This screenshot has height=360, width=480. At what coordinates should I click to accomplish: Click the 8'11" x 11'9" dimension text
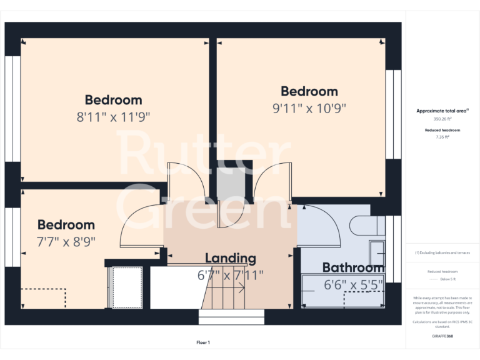coord(114,117)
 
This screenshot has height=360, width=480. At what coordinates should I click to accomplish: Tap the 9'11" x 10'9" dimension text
coord(309,108)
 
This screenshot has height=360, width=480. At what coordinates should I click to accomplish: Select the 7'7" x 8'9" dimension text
coord(66,241)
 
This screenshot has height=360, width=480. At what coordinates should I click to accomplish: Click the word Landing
coord(230,258)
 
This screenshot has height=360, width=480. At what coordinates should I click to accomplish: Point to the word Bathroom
coord(353,268)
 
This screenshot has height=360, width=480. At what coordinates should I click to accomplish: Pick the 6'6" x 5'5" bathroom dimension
coord(353,286)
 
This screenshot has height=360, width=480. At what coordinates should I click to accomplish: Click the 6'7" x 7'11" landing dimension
coord(230,275)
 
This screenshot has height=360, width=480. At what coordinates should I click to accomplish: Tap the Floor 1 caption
coord(203,342)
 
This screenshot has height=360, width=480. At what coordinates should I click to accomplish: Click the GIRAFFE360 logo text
coord(442,336)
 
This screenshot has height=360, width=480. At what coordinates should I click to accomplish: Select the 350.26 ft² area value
coord(442,119)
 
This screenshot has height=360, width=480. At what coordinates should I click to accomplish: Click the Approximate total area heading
coord(442,111)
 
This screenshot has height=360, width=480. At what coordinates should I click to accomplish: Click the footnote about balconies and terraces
coord(442,252)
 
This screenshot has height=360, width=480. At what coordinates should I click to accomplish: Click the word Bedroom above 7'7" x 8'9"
coord(66,225)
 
